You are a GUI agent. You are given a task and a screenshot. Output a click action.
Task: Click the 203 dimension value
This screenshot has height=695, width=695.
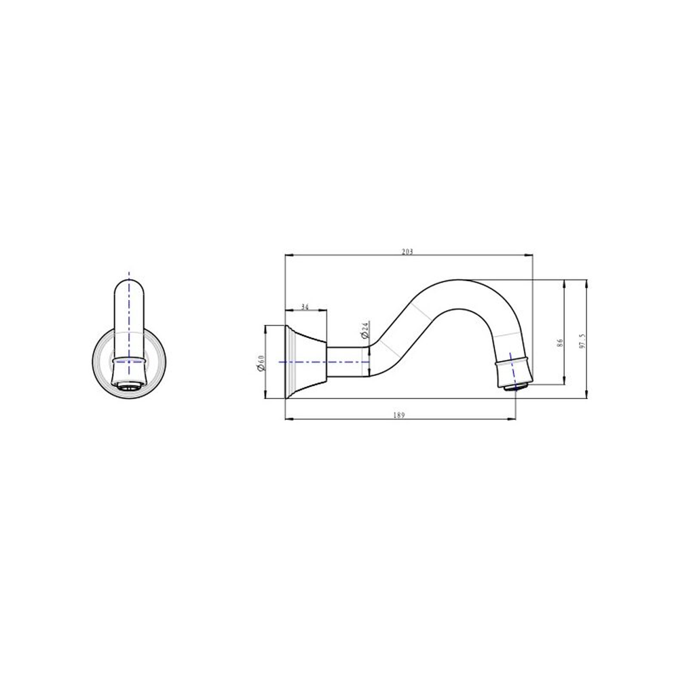407,252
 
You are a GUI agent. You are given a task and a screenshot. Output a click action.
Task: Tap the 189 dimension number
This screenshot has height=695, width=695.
399,415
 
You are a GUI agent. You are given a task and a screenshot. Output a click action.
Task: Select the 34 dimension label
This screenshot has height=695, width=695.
305,307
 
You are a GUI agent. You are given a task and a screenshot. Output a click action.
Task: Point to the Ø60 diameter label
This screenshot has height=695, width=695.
261,362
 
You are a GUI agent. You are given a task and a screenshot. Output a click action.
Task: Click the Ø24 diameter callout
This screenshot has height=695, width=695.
364,331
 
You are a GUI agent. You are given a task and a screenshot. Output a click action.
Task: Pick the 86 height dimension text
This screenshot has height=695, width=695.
560,342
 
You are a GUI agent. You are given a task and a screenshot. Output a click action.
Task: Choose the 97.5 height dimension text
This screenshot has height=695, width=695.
583,341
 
